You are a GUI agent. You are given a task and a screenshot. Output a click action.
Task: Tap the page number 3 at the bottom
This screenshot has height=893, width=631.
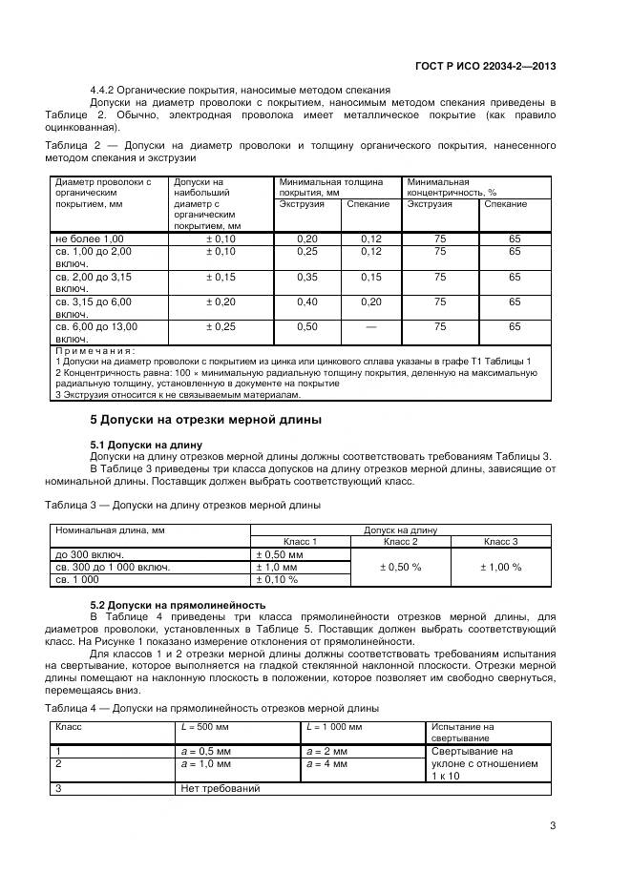(553, 826)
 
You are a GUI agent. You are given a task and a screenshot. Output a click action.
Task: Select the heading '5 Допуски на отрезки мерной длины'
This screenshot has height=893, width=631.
(206, 420)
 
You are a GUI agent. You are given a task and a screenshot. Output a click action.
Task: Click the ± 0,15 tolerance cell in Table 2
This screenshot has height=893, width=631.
(220, 277)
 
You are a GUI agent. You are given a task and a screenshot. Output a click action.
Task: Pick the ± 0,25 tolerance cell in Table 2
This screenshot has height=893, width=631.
(220, 326)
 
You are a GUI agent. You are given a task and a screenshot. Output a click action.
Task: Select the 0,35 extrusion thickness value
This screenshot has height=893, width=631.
(306, 277)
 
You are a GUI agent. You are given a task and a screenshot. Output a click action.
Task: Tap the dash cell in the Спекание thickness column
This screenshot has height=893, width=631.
(370, 326)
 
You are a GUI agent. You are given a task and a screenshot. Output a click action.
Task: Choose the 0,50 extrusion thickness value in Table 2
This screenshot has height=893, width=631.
(306, 326)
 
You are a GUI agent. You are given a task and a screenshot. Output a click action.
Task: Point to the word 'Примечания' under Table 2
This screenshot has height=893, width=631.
(95, 350)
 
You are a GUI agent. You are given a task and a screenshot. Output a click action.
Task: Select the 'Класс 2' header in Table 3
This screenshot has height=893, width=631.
(400, 541)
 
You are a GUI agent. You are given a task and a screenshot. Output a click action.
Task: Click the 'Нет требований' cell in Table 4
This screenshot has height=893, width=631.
(220, 788)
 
